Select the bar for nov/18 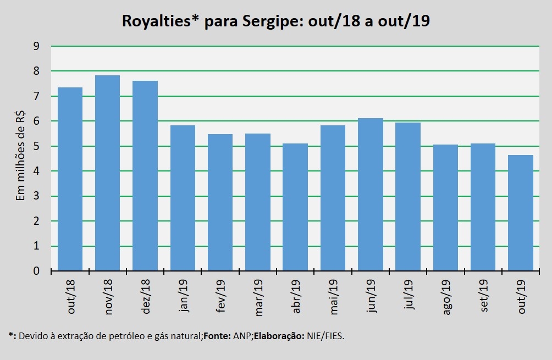(107, 173)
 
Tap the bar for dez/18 (145, 176)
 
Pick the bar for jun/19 (370, 195)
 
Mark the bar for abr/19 (295, 207)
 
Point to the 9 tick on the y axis (36, 46)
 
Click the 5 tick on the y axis (36, 146)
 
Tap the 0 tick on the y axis (36, 271)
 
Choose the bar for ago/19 (445, 208)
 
